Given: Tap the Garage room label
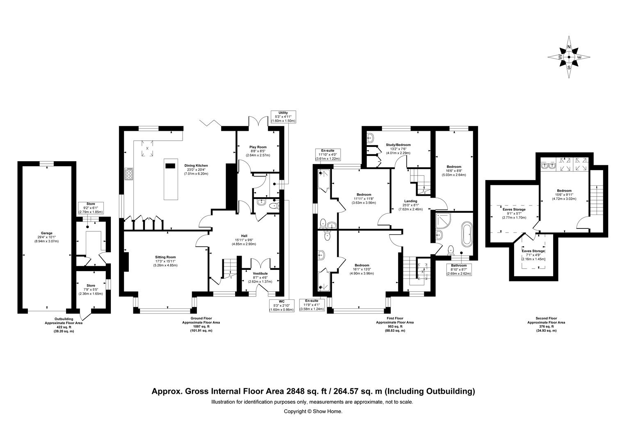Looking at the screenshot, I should pyautogui.click(x=47, y=237).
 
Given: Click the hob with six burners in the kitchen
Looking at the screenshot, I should pyautogui.click(x=128, y=174).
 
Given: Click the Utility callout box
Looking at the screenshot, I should pyautogui.click(x=283, y=117).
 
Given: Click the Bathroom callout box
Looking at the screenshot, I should pyautogui.click(x=459, y=269).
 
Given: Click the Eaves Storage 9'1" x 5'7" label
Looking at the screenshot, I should pyautogui.click(x=514, y=213).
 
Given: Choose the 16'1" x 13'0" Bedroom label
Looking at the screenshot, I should pyautogui.click(x=362, y=269).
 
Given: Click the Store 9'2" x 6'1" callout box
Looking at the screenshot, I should pyautogui.click(x=91, y=208).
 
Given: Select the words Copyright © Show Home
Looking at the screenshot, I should pyautogui.click(x=313, y=411).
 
